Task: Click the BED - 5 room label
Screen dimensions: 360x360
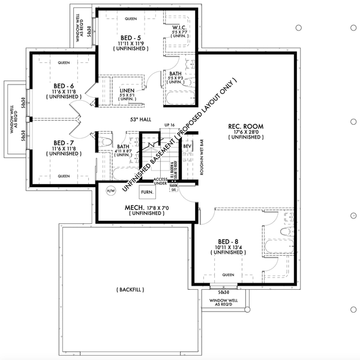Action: pos(130,38)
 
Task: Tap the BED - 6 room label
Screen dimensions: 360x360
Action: pos(64,86)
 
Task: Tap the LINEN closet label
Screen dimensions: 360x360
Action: pos(128,90)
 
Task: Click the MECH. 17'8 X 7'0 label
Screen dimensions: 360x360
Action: pos(144,207)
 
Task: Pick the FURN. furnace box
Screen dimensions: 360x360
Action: pos(146,192)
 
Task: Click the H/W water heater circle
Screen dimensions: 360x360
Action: pos(110,191)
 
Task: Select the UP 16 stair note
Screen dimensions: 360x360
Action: pos(169,125)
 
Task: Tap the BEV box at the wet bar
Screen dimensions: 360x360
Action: pos(187,146)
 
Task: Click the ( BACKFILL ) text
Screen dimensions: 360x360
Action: pos(130,290)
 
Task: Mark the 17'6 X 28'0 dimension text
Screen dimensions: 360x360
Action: pos(245,132)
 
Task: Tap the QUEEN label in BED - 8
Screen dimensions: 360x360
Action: pos(228,275)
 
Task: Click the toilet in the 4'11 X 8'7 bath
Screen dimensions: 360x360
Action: pos(107,143)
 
